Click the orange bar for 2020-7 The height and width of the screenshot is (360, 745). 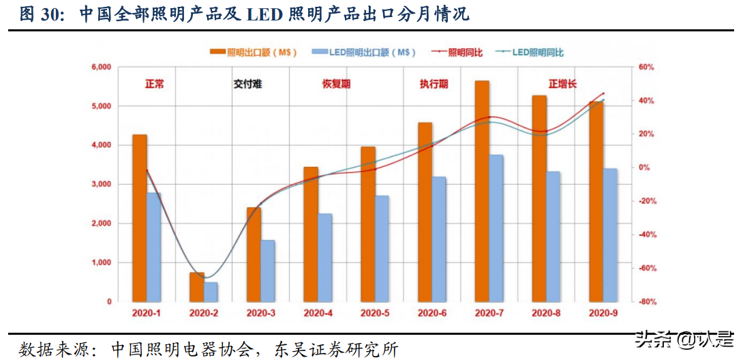coord(482,191)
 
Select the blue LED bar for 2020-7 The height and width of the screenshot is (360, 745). coord(496,228)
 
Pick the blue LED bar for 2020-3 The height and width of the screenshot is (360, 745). coord(268,271)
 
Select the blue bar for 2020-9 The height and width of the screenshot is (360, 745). coord(610,235)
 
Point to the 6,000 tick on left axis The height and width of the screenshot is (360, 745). coord(100,67)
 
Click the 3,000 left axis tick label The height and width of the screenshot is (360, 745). coord(100,184)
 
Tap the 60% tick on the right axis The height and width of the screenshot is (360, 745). coord(645,67)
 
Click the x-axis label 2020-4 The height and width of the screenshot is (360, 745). coord(318,313)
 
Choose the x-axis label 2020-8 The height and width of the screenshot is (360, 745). coord(546,313)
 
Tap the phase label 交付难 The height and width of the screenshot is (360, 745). coord(247,85)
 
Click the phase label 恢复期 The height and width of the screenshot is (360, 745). coord(337,85)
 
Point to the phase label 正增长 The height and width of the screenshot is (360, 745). coord(562,85)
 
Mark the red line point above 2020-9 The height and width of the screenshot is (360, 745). coord(603,93)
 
